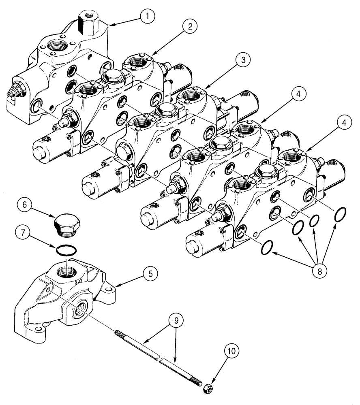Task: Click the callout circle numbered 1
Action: pos(147,16)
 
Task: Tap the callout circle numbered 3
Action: pos(242,60)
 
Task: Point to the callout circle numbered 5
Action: pos(150,274)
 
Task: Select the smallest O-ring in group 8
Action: pos(314,222)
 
